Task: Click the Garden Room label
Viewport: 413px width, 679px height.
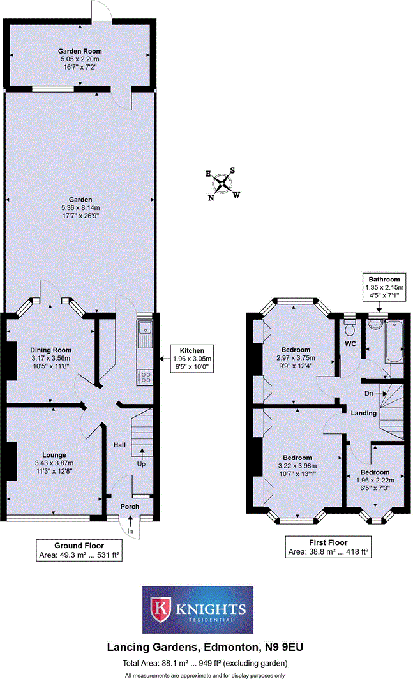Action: tap(80, 51)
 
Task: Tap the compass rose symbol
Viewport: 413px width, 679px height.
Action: tap(222, 183)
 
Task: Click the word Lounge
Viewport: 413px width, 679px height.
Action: tap(54, 454)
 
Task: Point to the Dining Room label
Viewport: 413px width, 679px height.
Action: tap(50, 350)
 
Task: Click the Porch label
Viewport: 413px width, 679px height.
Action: tap(131, 506)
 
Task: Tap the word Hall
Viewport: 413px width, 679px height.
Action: tap(120, 445)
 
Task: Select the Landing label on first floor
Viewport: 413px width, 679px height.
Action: tap(364, 414)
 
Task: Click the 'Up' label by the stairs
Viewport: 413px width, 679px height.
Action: tap(141, 464)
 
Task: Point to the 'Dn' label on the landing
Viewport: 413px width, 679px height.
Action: tap(368, 394)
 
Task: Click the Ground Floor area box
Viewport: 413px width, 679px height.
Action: tap(79, 551)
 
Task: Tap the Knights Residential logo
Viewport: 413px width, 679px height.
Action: tap(198, 610)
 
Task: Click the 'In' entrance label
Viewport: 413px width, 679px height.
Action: tap(130, 531)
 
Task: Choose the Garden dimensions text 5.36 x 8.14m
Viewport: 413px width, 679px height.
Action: tap(81, 207)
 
